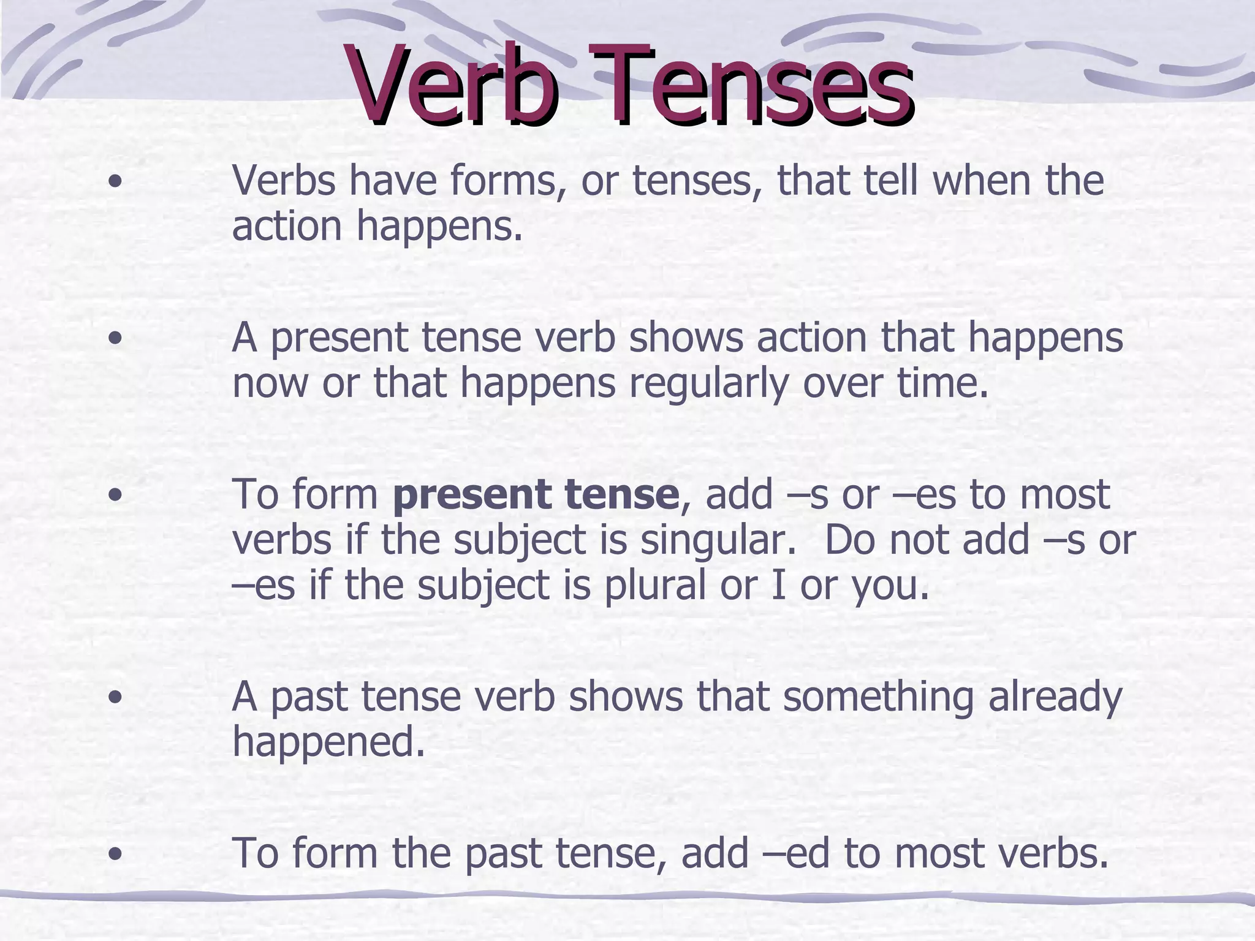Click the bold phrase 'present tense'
point(536,495)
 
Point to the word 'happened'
point(328,743)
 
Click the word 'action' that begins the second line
point(287,226)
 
